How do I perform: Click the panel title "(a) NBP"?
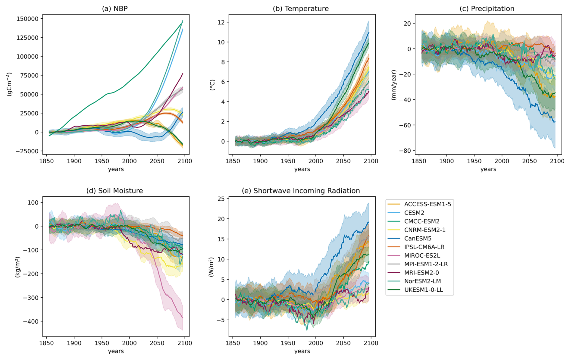click(115, 9)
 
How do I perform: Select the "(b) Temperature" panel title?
click(301, 9)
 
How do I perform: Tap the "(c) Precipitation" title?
click(487, 9)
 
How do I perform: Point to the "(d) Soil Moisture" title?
click(115, 191)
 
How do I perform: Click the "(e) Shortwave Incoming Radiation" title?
click(301, 191)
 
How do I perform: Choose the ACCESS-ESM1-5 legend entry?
click(428, 204)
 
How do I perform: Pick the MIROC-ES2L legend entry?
click(422, 255)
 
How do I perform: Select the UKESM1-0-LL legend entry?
click(423, 290)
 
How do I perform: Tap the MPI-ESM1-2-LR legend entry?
click(426, 264)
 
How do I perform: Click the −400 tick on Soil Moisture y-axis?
click(31, 321)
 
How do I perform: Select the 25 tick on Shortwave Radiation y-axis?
click(221, 199)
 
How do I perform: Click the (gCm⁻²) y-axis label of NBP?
click(9, 84)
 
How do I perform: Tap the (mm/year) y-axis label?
click(394, 85)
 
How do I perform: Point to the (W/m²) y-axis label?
click(211, 267)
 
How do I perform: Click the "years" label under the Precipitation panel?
click(488, 169)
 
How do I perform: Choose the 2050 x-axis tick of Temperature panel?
click(343, 161)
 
